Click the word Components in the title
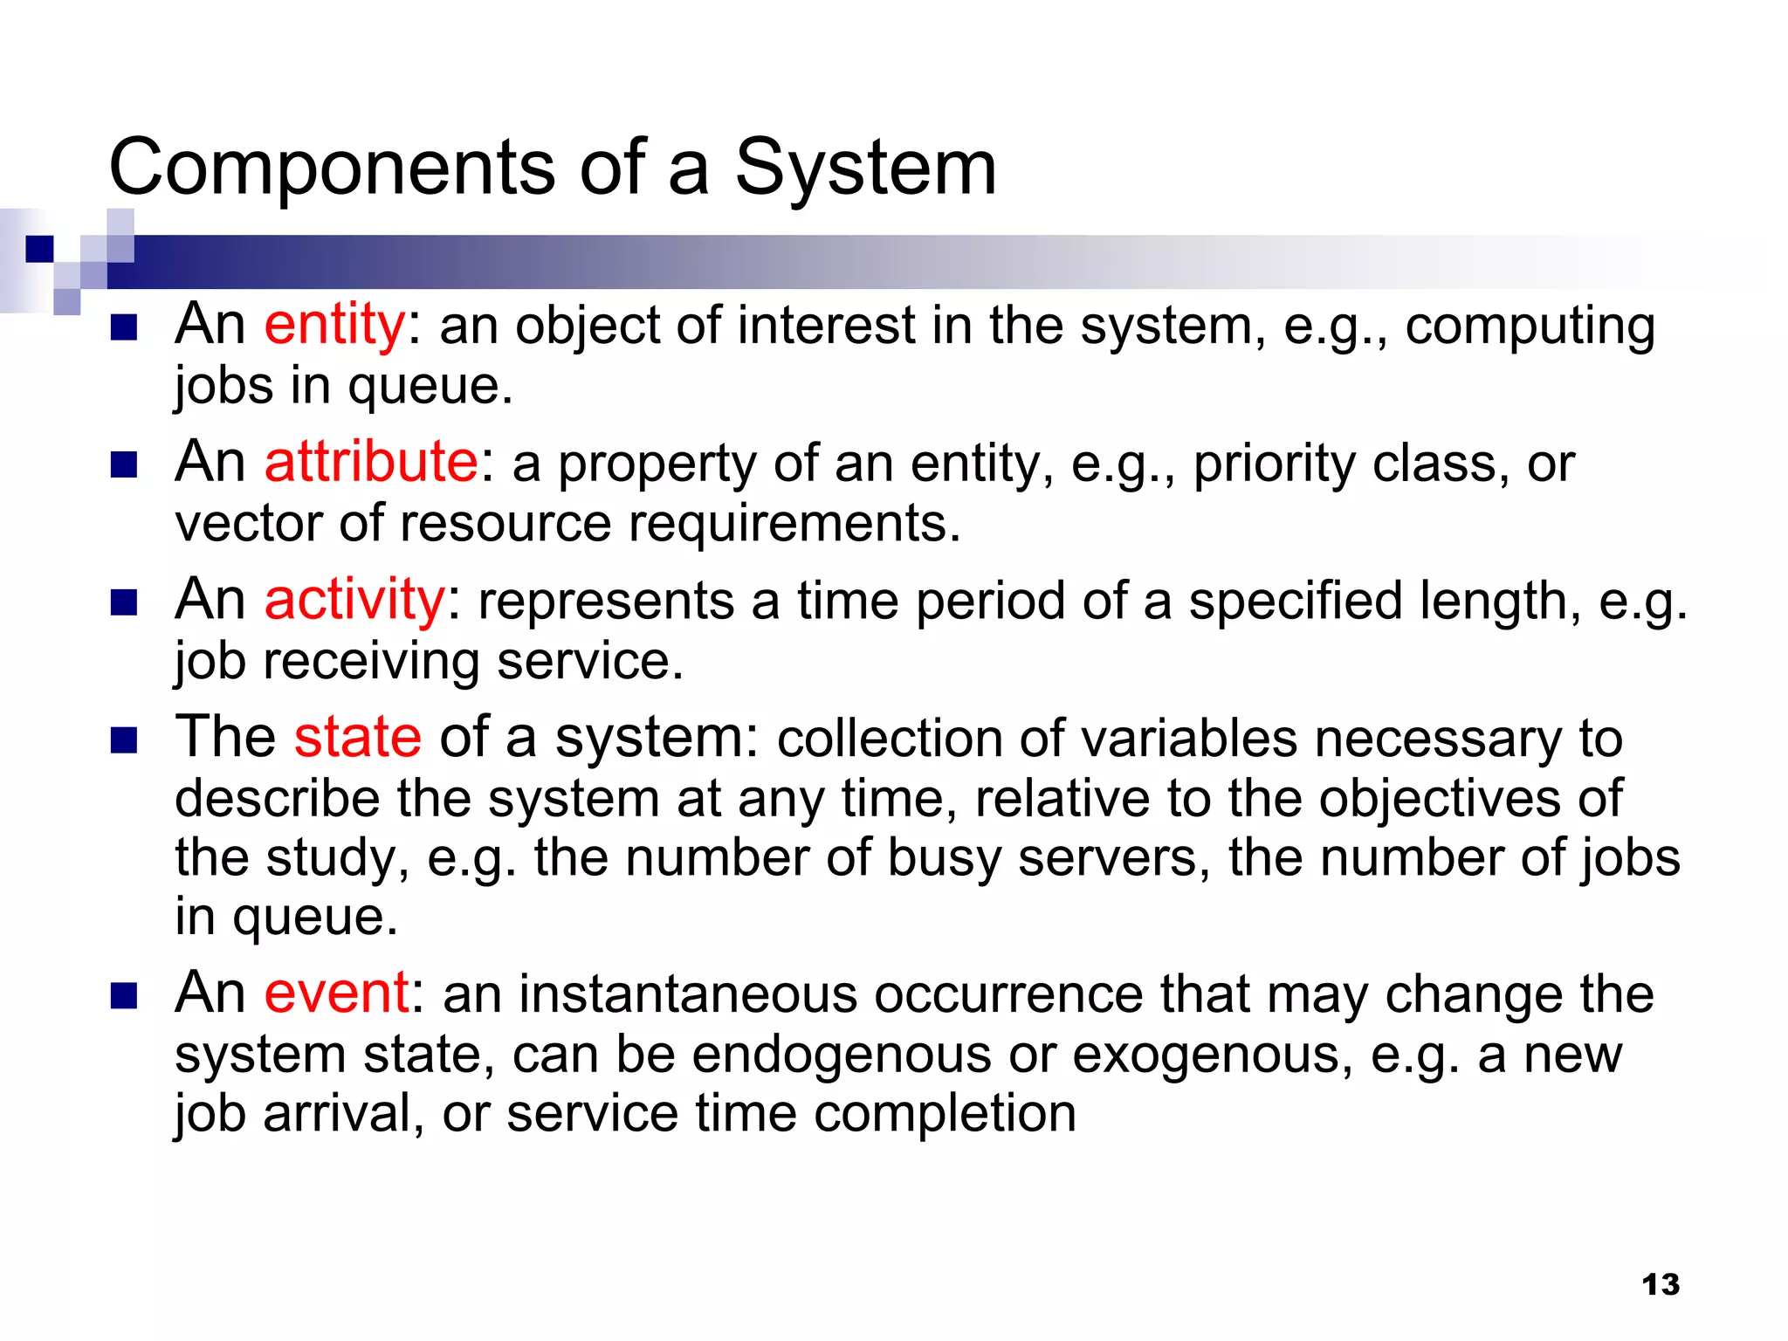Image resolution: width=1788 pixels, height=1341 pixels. coord(332,168)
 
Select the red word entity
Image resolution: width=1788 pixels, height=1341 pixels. coord(334,326)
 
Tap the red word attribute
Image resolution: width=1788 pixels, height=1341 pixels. coord(371,463)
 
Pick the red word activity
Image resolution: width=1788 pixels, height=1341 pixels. coord(354,601)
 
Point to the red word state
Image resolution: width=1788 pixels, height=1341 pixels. coord(358,738)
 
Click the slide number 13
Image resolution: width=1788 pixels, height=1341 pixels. coord(1660,1284)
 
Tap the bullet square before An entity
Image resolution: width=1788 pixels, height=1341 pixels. coord(124,327)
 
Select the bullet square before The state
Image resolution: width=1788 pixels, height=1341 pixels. coord(124,740)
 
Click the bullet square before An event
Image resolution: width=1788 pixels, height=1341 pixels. coord(124,996)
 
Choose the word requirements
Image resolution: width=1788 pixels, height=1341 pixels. coord(794,524)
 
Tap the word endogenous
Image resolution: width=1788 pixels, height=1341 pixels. coord(842,1055)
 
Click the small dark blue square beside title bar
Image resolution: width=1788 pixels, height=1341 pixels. coord(39,249)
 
